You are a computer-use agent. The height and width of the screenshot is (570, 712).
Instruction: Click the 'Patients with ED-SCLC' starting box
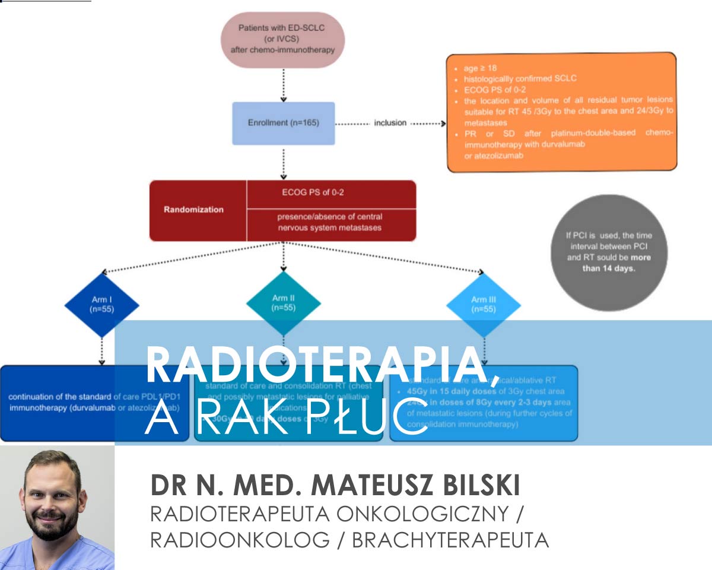tap(282, 39)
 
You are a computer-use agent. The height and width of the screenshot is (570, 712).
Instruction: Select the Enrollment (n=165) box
tap(283, 123)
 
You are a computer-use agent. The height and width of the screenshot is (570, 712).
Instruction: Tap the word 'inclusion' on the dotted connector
tap(390, 123)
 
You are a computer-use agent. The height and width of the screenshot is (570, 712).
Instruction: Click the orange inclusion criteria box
tap(561, 112)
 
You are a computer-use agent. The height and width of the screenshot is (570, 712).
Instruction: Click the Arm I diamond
tap(102, 305)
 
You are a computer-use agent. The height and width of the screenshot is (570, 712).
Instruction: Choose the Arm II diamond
tap(283, 303)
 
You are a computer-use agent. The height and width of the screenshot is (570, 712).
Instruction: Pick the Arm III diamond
tap(484, 304)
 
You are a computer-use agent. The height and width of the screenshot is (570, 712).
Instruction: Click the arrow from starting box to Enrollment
tap(283, 84)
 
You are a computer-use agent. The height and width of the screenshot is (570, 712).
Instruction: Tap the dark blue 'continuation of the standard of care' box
tap(58, 403)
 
